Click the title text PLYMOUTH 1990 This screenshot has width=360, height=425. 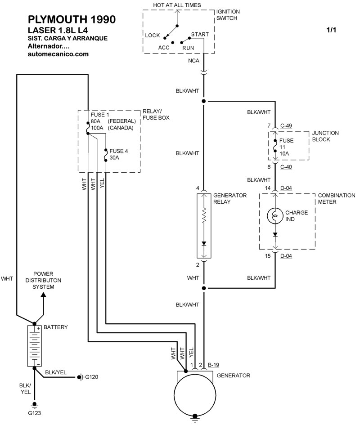pos(71,19)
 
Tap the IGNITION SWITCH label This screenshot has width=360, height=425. pos(228,15)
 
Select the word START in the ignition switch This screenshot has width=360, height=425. pos(199,34)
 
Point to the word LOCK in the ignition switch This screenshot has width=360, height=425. pos(153,35)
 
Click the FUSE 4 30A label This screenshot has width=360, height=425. pos(119,154)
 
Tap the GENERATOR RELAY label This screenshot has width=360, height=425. pos(229,199)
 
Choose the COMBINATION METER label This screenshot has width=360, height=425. pos(337,199)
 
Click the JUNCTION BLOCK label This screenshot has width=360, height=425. pos(325,136)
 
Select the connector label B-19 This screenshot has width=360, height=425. pos(214,365)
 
